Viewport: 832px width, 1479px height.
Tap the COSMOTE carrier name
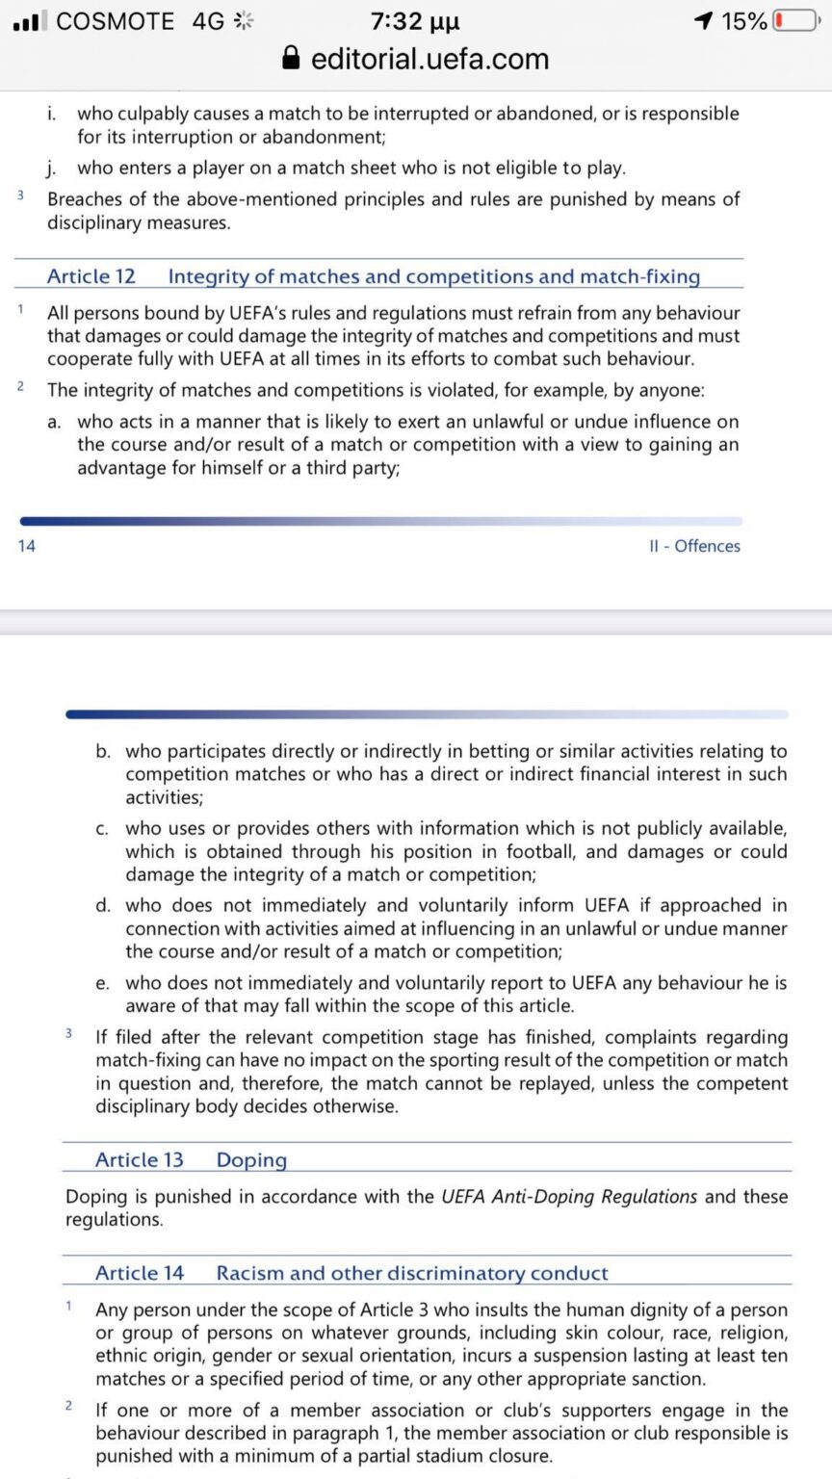click(116, 21)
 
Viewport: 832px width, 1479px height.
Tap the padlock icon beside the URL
click(292, 59)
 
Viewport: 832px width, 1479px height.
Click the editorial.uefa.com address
click(429, 59)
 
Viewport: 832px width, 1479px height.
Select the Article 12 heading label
click(91, 276)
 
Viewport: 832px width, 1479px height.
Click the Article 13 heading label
click(139, 1159)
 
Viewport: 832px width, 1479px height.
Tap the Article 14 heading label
click(139, 1273)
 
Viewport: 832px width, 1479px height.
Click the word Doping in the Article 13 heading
click(251, 1159)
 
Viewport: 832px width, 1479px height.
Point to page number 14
click(26, 546)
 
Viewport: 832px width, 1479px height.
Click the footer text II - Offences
click(694, 546)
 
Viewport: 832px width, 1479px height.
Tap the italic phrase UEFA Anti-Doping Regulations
click(569, 1197)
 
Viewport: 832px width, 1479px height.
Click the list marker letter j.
click(52, 169)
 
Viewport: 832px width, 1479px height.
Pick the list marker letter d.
click(102, 906)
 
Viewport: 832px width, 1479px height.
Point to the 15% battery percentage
click(743, 21)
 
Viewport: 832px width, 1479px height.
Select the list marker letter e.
click(102, 983)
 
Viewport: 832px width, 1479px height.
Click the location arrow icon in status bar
click(704, 21)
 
